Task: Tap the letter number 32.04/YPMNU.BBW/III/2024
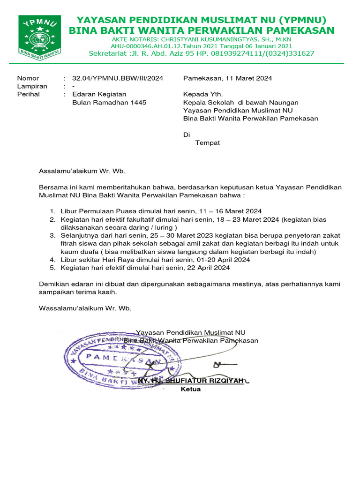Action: (118, 78)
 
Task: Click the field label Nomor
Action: (28, 78)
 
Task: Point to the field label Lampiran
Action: (32, 86)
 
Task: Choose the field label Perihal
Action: (29, 94)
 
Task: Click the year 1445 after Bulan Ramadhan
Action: (138, 102)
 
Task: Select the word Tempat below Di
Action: (207, 142)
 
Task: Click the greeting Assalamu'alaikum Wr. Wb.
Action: (82, 172)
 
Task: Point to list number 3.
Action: (52, 235)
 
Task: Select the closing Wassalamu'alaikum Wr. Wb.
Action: (85, 308)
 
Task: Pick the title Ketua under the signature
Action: (191, 389)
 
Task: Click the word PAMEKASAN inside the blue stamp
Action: (120, 359)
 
